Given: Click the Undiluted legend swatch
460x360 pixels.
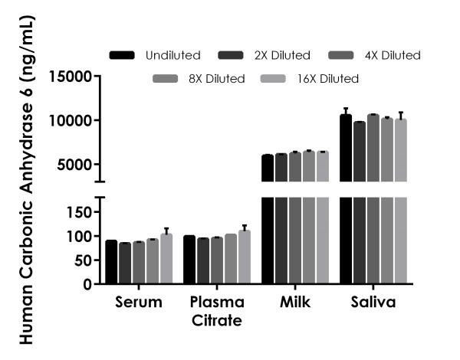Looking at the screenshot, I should [x=122, y=55].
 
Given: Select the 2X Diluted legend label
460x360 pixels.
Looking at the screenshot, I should [x=281, y=55].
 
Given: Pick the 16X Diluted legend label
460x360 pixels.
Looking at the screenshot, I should [x=328, y=78].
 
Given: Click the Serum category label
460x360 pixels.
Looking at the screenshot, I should [x=139, y=302].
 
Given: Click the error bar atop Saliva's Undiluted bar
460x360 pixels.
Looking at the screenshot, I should [x=346, y=111].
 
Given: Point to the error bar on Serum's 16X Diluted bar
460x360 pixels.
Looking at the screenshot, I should [x=166, y=231].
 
